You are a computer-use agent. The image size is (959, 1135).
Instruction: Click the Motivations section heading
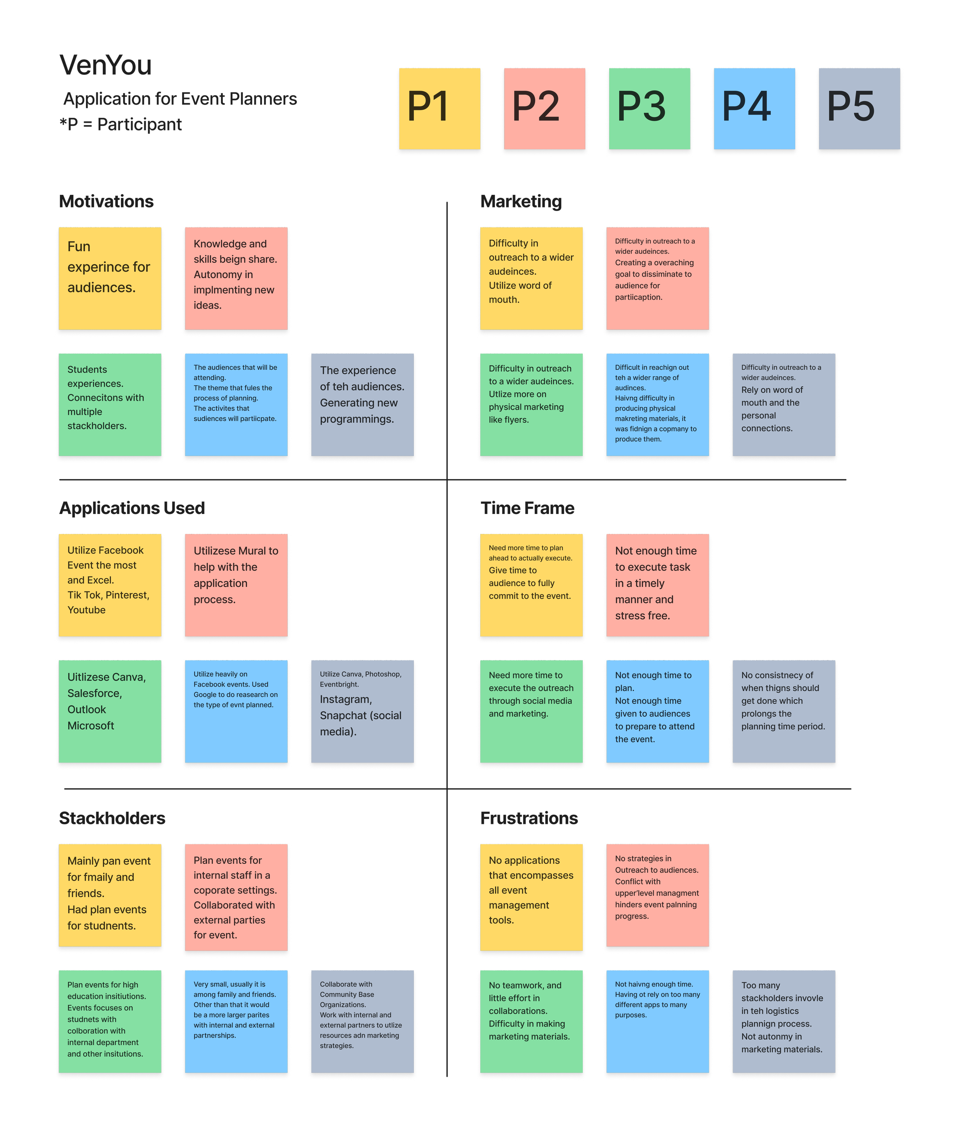[x=107, y=202]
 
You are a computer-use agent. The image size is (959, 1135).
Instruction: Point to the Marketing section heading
[x=521, y=202]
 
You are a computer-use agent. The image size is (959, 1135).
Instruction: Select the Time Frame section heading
[x=527, y=508]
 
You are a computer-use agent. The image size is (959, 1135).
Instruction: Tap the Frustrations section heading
[x=529, y=818]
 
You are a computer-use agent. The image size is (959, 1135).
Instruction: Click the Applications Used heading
[x=132, y=508]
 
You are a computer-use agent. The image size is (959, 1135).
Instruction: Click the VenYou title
[x=106, y=66]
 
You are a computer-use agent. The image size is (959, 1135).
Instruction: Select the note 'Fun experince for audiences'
[x=110, y=278]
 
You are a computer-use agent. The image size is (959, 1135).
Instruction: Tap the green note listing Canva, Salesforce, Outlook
[x=110, y=711]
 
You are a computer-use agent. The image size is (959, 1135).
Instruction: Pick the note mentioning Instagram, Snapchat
[x=362, y=711]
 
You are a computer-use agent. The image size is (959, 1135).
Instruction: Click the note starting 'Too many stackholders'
[x=783, y=1021]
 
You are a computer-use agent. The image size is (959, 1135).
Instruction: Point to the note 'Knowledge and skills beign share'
[x=236, y=278]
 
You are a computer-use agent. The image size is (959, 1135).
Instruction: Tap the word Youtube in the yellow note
[x=86, y=610]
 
